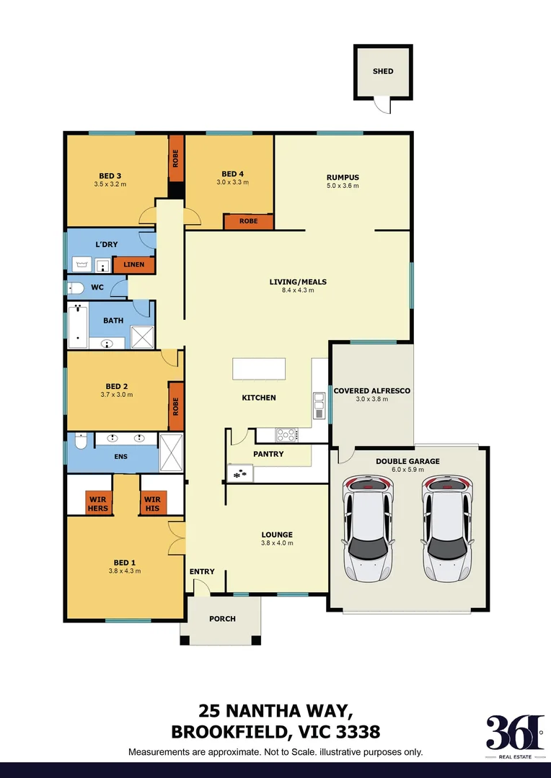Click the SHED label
click(383, 71)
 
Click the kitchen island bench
click(258, 369)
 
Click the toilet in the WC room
click(76, 288)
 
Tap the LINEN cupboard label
click(134, 265)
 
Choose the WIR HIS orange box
click(152, 503)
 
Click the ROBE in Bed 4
click(248, 222)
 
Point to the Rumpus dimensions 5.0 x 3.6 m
click(343, 186)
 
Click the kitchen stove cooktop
click(286, 434)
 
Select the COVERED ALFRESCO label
click(371, 390)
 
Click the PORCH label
click(222, 619)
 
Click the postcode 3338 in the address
click(351, 733)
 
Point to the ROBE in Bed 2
click(175, 406)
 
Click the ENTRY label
click(202, 572)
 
